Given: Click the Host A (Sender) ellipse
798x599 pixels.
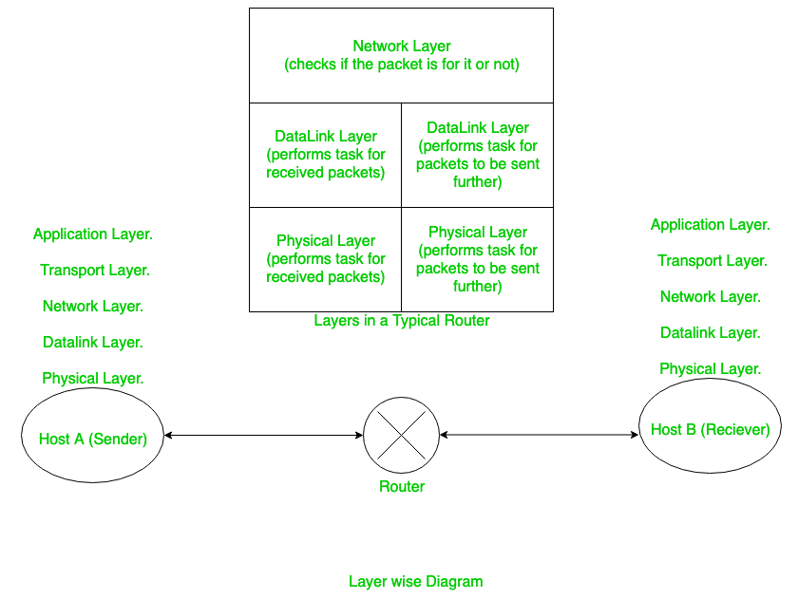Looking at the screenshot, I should [93, 439].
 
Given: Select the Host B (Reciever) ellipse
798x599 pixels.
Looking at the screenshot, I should [710, 429].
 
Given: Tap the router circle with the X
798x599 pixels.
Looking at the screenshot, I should [402, 436].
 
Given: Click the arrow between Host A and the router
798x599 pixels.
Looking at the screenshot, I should [263, 436].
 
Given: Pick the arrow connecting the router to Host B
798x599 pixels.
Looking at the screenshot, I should [539, 435].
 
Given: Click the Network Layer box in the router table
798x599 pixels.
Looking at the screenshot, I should [401, 55].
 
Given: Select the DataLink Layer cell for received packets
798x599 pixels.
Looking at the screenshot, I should [325, 155].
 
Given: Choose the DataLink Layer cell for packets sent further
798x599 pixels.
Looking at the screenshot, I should [477, 155].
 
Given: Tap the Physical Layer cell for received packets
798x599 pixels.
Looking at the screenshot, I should [325, 259].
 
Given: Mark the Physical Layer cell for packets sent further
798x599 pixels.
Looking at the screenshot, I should [477, 259].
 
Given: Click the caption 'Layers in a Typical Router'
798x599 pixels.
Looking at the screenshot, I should [402, 321].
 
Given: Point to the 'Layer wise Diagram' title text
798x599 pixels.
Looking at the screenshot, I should [415, 582].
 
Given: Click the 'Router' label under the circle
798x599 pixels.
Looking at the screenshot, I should [402, 487].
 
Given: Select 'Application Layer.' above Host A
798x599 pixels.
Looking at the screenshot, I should [93, 234].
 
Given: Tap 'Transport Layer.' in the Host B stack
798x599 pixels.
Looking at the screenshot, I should [712, 261].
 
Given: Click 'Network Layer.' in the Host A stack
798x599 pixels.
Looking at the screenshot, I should [93, 306].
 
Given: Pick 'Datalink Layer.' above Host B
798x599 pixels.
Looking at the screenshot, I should [711, 333].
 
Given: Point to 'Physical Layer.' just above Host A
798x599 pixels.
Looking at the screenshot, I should [93, 378].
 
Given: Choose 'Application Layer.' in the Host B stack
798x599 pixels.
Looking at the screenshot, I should [711, 225].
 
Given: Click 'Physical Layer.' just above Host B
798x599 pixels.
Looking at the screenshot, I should [711, 368].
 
